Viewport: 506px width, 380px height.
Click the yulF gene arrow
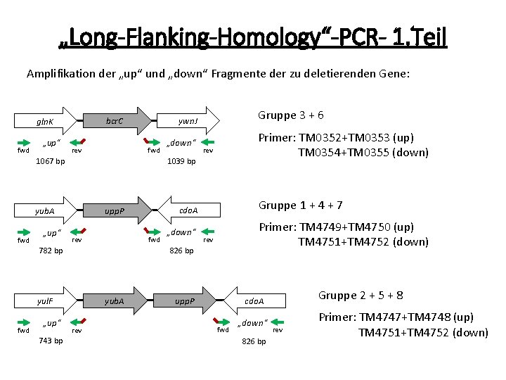click(x=46, y=300)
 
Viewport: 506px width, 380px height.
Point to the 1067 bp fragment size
click(x=50, y=161)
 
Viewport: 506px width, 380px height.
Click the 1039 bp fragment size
click(x=181, y=161)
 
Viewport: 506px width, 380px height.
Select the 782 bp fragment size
click(x=50, y=250)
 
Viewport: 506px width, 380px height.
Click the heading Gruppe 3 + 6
click(x=290, y=115)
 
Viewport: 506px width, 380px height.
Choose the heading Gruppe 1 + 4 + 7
click(x=300, y=205)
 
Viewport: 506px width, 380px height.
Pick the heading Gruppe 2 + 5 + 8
click(x=361, y=295)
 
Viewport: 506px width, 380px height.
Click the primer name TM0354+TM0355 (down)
click(x=363, y=152)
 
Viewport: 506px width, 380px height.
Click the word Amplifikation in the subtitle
click(x=60, y=73)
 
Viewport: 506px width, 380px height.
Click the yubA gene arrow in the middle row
click(x=46, y=210)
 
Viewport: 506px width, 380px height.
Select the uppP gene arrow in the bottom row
click(x=184, y=300)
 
